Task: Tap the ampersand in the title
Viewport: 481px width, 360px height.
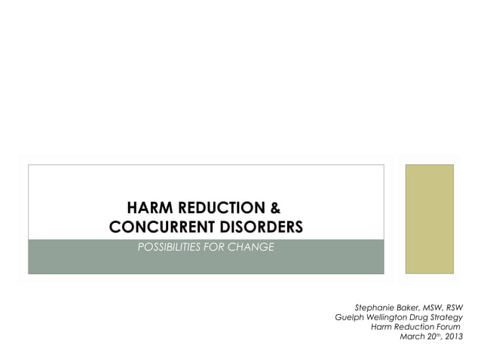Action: click(275, 208)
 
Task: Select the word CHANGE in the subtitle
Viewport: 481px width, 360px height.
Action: click(252, 247)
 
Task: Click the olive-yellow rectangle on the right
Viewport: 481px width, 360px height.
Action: click(430, 218)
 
